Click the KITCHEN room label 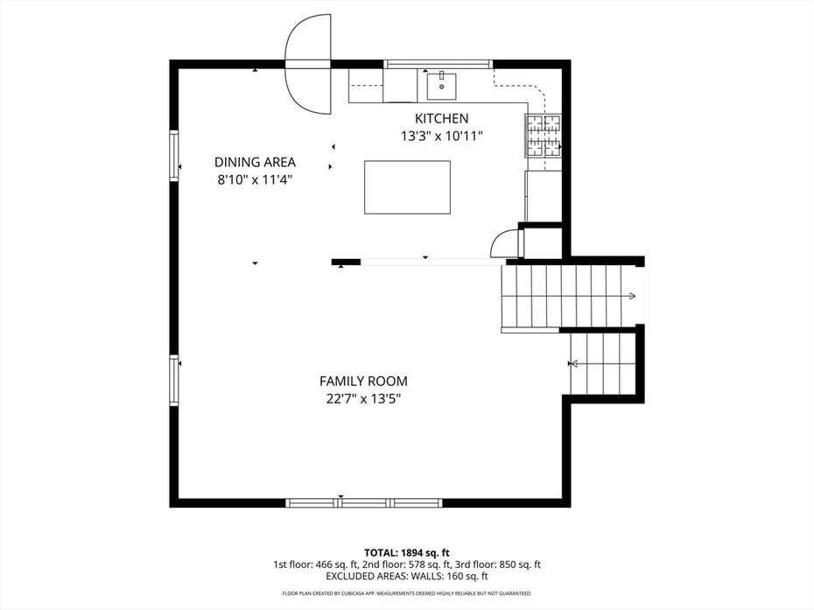click(441, 118)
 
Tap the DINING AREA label click(255, 162)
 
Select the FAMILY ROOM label click(363, 381)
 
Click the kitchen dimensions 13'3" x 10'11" click(441, 136)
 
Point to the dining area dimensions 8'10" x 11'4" click(255, 179)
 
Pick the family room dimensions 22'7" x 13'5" click(363, 398)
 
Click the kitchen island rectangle click(407, 186)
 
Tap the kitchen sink click(442, 86)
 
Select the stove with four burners click(543, 136)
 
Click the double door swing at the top click(309, 64)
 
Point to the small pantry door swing click(505, 244)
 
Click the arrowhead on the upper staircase click(631, 297)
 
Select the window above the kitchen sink click(439, 64)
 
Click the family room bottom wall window click(365, 503)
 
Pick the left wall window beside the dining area click(174, 156)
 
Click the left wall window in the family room click(174, 380)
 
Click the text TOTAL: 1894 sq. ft click(407, 552)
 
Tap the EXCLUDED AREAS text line click(407, 577)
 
